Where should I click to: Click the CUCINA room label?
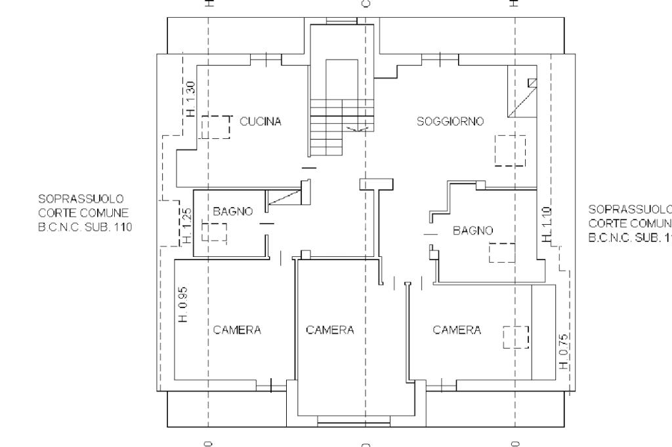261,121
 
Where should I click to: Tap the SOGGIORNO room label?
450,121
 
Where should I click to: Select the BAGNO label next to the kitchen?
233,212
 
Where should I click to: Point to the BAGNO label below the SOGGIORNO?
472,231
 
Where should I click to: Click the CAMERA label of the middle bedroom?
330,330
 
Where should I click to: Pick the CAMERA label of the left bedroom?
237,330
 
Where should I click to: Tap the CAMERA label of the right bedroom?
457,330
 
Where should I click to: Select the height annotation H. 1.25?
188,225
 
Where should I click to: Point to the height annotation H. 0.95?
184,303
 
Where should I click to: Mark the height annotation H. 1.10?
547,224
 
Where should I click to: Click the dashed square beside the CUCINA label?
216,127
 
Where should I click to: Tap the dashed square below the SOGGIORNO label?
510,150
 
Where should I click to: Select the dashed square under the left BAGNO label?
214,233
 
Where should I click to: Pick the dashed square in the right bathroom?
501,252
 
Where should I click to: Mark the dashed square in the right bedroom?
516,337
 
